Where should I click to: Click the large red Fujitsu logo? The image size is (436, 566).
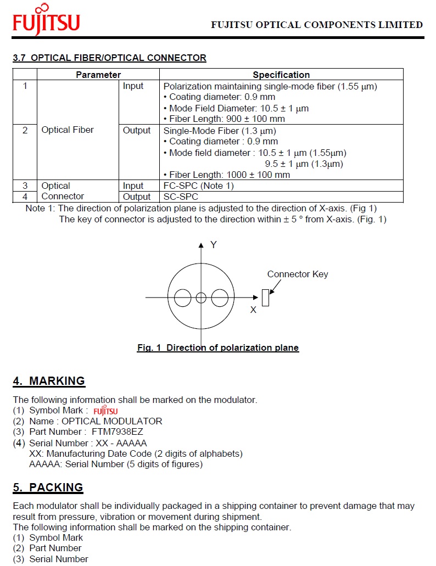coord(47,21)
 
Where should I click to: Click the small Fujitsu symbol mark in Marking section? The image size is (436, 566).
coord(105,411)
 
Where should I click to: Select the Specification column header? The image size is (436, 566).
coord(281,75)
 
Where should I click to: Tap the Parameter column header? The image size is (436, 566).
coord(98,75)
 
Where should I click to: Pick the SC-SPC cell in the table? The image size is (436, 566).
coord(181,197)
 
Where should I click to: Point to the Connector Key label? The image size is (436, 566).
coord(297,274)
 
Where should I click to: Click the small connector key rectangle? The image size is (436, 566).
coord(265,298)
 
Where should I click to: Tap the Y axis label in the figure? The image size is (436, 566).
coord(214,245)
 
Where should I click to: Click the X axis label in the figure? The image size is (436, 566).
coord(253,310)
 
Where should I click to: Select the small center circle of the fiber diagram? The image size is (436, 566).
coord(201,298)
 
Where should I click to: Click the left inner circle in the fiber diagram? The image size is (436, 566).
coord(182,298)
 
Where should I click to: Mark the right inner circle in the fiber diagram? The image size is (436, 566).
coord(220,298)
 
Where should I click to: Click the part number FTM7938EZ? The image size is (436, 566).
coord(118,432)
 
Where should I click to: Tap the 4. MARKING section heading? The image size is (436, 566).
coord(49,381)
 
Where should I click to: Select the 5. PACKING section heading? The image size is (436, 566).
coord(48,487)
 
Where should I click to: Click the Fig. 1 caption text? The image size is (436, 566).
coord(218,348)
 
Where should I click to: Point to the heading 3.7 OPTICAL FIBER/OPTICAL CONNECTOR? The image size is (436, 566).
coord(110,58)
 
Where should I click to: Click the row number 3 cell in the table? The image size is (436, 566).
coord(25,186)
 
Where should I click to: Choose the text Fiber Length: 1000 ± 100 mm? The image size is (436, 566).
coord(230,175)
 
